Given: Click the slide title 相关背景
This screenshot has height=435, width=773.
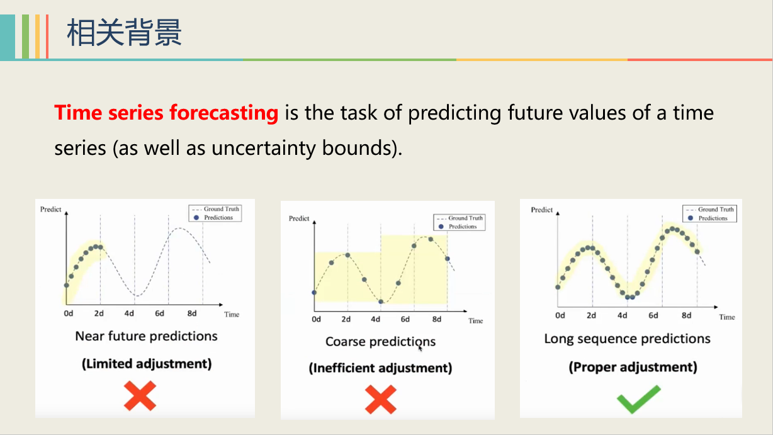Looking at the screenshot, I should (x=124, y=32).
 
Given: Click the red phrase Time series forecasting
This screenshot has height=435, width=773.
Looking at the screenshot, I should (x=166, y=113).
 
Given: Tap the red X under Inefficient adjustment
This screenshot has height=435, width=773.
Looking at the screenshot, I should (x=381, y=399).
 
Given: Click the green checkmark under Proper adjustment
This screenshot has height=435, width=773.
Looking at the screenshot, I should (x=638, y=399).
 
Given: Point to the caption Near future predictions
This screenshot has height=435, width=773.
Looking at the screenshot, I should (x=146, y=336).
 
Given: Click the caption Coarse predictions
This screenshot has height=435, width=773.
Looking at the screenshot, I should (x=380, y=342).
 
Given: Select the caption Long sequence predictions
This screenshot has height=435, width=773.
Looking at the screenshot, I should (x=627, y=339).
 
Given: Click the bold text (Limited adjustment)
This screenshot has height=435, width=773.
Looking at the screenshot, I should (x=146, y=364).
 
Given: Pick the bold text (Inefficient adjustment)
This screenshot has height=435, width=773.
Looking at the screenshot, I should (x=380, y=368).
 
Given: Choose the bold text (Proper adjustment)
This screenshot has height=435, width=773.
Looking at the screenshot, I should (x=633, y=367).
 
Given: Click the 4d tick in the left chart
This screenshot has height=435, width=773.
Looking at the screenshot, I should (x=129, y=314).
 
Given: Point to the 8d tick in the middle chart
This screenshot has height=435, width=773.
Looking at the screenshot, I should (x=436, y=320).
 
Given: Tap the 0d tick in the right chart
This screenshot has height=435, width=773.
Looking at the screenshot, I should (x=560, y=316).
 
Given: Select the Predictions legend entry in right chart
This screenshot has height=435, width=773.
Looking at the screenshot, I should (x=713, y=218).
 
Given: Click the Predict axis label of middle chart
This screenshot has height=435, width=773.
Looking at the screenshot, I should (x=299, y=218).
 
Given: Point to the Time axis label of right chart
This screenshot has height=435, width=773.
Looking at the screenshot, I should (x=727, y=317).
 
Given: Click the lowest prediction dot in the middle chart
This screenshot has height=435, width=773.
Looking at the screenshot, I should (x=380, y=302).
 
